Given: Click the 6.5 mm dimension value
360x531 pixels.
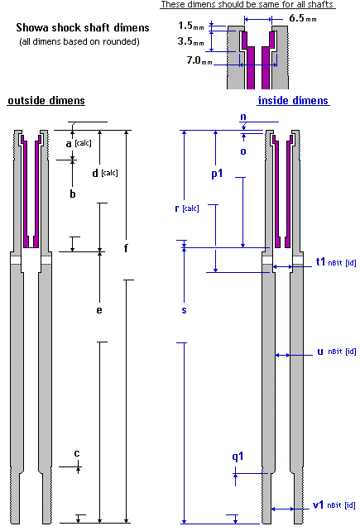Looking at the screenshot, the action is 303,18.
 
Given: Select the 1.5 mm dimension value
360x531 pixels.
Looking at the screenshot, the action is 191,26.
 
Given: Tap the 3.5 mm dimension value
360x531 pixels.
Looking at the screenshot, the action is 191,41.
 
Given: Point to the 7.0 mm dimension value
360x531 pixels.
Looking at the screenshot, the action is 199,60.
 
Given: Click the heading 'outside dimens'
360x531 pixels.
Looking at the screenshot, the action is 46,101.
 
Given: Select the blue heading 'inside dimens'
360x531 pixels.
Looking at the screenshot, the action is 293,101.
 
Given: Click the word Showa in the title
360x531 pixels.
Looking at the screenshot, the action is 32,27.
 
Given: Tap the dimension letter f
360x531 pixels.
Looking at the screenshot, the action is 126,248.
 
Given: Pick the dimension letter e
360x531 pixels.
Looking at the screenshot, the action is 99,310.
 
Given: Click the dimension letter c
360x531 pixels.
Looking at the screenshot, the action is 77,453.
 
